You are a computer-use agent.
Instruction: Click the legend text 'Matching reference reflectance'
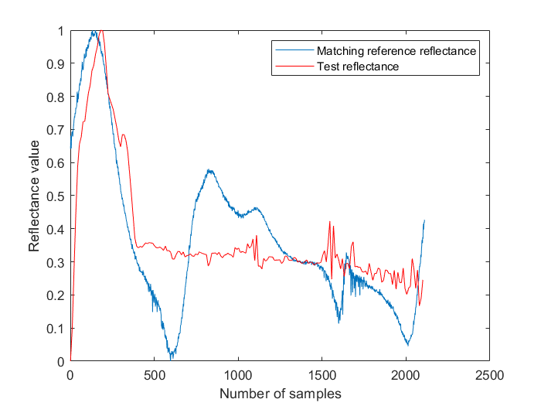[x=396, y=51]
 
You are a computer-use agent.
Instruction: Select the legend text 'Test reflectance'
[x=357, y=67]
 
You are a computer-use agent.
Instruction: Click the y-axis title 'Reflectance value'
[x=34, y=196]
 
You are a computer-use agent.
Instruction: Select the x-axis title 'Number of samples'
[x=280, y=393]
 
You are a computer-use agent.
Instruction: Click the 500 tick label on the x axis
[x=154, y=375]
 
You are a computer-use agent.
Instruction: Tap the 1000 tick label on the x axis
[x=238, y=375]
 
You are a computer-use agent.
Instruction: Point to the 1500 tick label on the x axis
[x=322, y=375]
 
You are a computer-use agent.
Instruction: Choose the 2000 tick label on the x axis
[x=406, y=375]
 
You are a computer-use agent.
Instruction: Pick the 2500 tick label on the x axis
[x=489, y=375]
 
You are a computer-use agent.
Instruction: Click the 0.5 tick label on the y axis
[x=55, y=196]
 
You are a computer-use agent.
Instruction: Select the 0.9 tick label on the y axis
[x=55, y=64]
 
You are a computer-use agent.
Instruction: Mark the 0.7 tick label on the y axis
[x=55, y=131]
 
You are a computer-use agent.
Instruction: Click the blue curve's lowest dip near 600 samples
[x=172, y=358]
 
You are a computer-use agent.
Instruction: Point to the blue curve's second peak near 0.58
[x=209, y=171]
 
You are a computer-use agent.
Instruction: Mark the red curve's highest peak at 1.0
[x=101, y=31]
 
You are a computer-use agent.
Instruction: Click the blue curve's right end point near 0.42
[x=424, y=220]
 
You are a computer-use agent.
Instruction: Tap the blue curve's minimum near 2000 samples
[x=407, y=344]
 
